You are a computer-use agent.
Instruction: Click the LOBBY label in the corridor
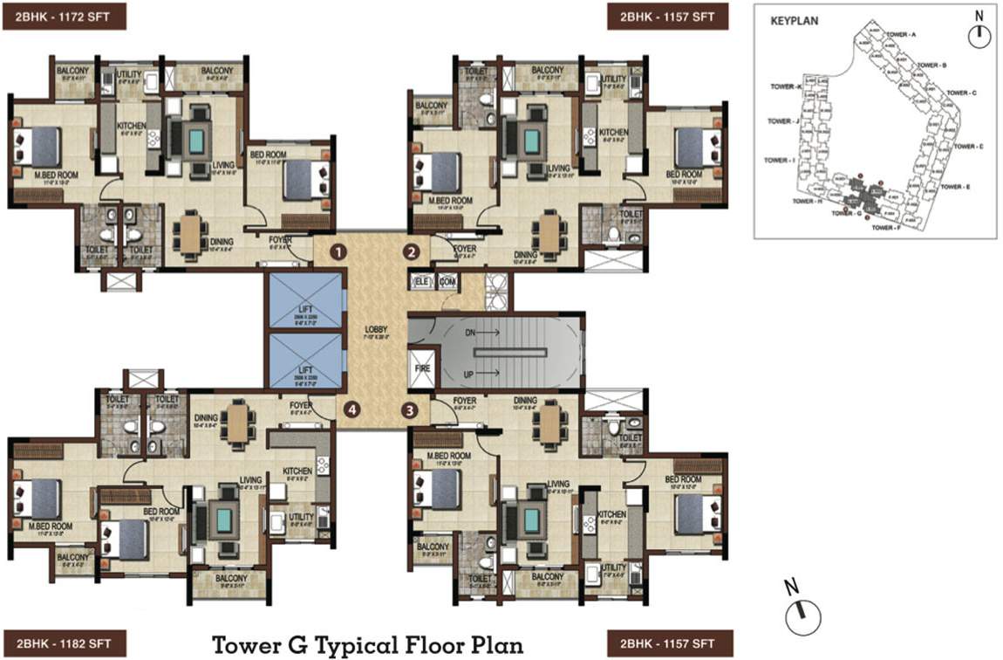[377, 331]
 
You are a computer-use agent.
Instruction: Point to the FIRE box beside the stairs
[423, 368]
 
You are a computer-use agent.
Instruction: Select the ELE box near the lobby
[422, 282]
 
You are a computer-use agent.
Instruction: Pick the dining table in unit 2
[549, 233]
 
